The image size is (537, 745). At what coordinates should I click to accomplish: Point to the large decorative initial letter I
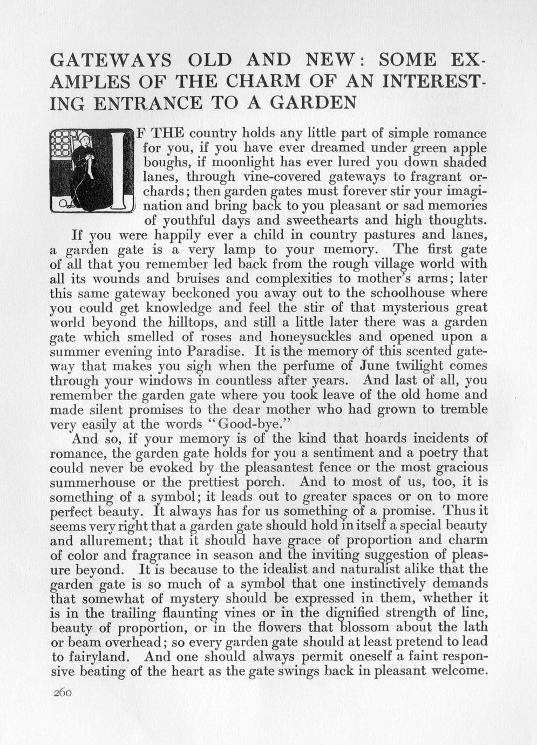(118, 170)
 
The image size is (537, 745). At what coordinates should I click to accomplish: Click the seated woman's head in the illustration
(84, 139)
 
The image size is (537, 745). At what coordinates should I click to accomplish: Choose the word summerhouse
(97, 482)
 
